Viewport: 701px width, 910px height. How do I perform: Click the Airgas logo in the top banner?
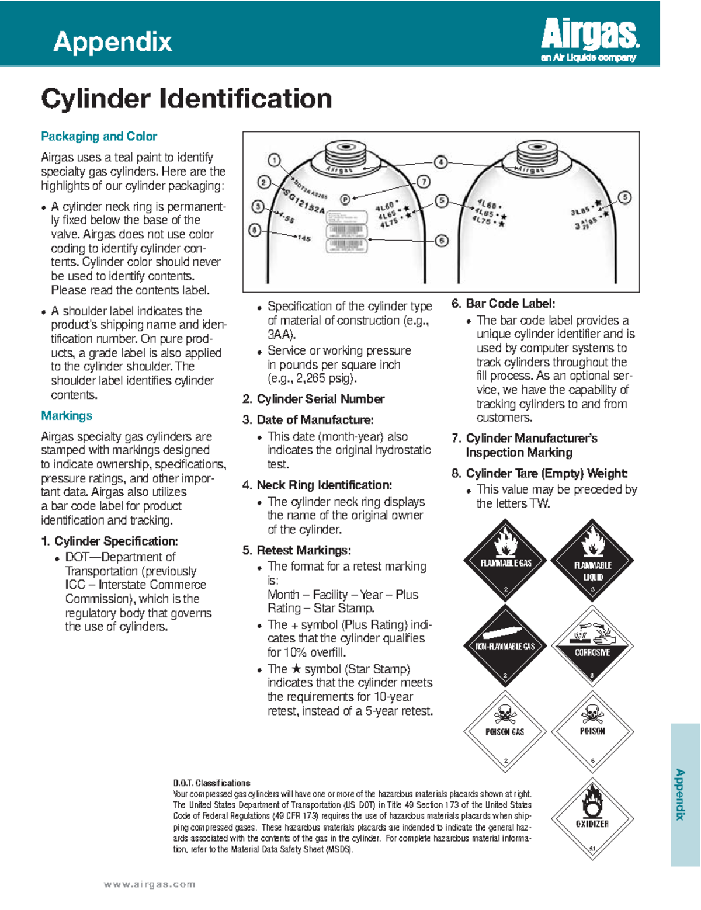(x=589, y=40)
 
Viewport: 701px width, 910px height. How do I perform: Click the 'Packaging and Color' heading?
(x=99, y=136)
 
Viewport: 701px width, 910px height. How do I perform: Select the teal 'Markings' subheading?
(x=67, y=415)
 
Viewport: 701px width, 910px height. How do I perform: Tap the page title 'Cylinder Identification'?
(x=186, y=98)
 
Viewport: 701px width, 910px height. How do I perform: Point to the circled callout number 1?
(x=274, y=159)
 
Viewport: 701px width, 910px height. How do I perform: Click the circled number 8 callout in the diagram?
(x=254, y=230)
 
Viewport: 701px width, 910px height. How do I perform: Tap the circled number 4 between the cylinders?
(x=441, y=162)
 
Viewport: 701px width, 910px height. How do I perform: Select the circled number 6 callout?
(x=442, y=241)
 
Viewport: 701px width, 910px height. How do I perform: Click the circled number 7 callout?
(x=424, y=182)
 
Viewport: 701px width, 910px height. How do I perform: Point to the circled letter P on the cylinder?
(x=345, y=200)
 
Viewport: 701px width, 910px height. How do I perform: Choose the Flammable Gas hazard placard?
(x=505, y=560)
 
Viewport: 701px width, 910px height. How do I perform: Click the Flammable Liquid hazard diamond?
(x=592, y=560)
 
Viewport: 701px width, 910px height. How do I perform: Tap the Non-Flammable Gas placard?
(x=505, y=646)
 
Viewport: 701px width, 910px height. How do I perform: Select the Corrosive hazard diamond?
(x=592, y=646)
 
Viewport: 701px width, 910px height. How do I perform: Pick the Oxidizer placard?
(x=592, y=818)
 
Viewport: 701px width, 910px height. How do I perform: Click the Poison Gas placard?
(x=505, y=731)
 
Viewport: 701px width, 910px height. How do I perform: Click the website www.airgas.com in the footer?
(x=150, y=884)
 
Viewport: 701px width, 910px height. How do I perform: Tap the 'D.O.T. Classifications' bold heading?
(x=211, y=783)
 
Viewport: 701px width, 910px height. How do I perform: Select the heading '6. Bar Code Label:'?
(x=503, y=303)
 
